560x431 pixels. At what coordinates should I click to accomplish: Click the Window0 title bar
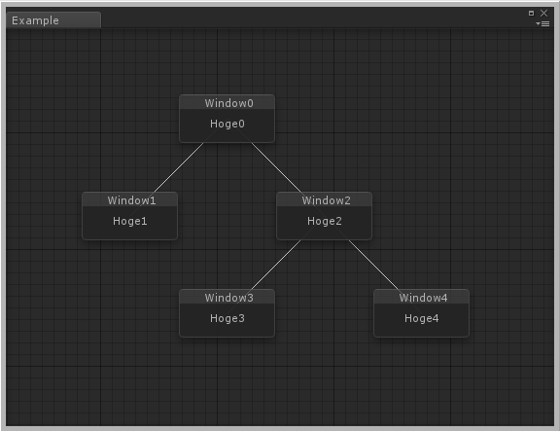click(227, 103)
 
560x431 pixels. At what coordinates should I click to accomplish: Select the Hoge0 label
click(227, 124)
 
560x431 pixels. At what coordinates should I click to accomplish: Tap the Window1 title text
click(131, 200)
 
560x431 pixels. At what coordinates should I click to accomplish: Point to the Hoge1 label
click(130, 221)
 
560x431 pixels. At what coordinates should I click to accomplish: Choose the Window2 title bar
click(325, 200)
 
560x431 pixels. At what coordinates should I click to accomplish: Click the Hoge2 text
click(325, 221)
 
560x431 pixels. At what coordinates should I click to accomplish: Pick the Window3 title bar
click(227, 298)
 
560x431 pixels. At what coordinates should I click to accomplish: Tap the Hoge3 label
click(227, 318)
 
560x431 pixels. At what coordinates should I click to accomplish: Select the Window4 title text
click(423, 298)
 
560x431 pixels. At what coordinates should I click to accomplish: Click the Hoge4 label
click(422, 318)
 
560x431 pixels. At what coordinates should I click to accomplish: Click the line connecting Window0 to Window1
click(179, 167)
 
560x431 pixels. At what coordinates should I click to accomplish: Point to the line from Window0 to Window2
click(276, 167)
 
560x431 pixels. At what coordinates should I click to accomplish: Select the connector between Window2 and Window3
click(276, 265)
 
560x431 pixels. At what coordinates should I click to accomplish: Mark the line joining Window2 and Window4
click(373, 265)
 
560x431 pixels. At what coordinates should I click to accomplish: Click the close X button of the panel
click(543, 13)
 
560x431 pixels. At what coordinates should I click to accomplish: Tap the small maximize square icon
click(531, 13)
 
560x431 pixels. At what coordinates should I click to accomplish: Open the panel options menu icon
click(542, 23)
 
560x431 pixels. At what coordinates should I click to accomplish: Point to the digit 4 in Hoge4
click(437, 318)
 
